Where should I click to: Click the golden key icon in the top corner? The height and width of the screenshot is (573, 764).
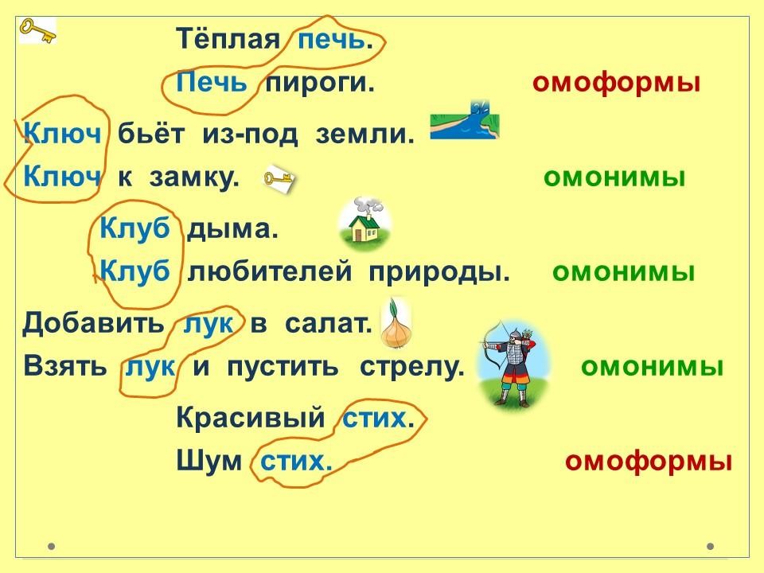pos(37,30)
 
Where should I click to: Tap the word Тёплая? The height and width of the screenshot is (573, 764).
pos(228,38)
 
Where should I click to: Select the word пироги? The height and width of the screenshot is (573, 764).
pos(320,83)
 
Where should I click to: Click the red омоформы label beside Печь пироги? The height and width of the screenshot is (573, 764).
pos(616,83)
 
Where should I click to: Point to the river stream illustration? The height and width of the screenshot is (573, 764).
pos(465,120)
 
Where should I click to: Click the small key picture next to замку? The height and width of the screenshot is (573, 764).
pos(279,179)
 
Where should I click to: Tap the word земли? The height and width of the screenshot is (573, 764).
pos(364,134)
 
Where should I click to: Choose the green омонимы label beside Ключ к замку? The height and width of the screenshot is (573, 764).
pos(614,177)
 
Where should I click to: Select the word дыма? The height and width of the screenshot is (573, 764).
pos(232,229)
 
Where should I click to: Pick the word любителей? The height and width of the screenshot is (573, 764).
pos(270,271)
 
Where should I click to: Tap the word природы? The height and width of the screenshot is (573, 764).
pos(439,272)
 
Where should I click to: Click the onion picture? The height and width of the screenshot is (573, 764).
pos(396,325)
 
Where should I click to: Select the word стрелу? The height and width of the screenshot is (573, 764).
pos(411,366)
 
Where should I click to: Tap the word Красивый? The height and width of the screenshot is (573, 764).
pos(251,417)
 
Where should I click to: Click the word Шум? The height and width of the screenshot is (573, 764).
pos(209,461)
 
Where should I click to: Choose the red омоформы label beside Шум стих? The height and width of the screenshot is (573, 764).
pos(649,461)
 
